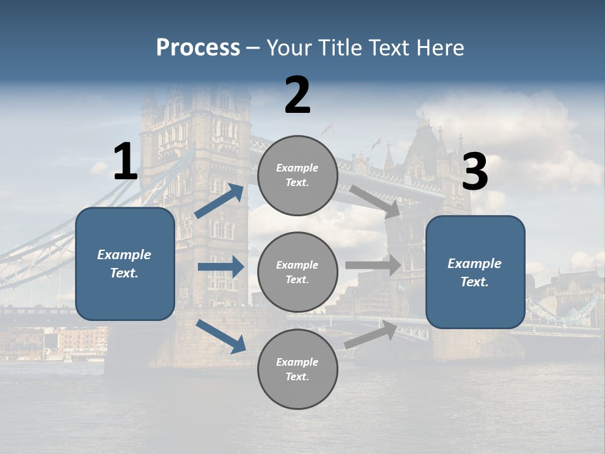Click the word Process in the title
pos(198,48)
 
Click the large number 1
pos(125,163)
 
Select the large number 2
pos(297,96)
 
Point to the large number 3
pos(475,172)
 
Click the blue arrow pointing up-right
pos(219,201)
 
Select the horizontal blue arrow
pos(221,267)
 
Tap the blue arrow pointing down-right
pos(221,335)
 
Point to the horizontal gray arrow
pos(373,265)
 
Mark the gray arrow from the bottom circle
pos(371,334)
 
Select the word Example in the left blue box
pos(124,255)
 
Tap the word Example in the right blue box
pos(475,264)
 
